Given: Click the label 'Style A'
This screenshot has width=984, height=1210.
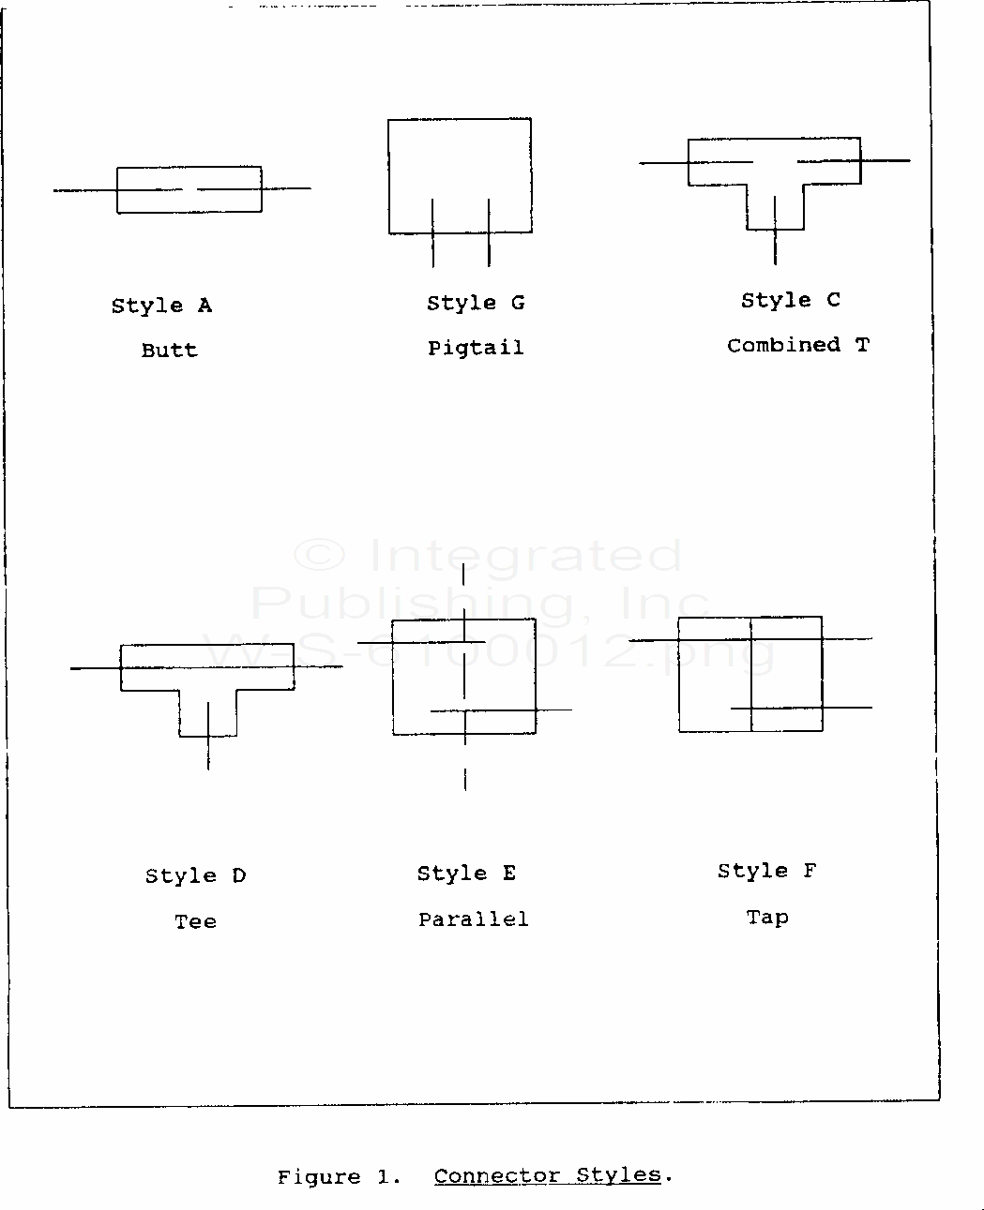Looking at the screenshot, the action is [161, 306].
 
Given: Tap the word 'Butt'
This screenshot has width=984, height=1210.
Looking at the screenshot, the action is [170, 350].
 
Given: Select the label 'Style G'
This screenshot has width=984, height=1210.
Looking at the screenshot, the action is [476, 303].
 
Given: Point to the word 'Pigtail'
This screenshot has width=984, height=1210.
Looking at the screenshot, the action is [476, 348].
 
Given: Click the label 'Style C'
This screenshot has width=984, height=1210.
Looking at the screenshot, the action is [790, 300].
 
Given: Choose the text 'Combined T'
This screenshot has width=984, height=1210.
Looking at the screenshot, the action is [798, 345].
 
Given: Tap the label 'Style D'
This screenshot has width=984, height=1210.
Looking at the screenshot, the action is [195, 875].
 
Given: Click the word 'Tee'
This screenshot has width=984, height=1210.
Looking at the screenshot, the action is [195, 920].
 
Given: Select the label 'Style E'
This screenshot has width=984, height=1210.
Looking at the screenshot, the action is [466, 874].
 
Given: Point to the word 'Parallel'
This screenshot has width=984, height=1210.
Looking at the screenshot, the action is [474, 919].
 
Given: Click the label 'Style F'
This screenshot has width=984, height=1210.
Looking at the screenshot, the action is [767, 871].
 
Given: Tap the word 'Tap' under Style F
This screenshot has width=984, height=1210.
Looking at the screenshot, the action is [767, 917].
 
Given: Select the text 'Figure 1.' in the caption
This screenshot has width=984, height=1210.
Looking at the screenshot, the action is [339, 1176].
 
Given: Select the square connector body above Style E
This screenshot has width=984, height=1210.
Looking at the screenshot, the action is [392, 677].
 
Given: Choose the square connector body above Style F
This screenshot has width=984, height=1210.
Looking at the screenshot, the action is [679, 674].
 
